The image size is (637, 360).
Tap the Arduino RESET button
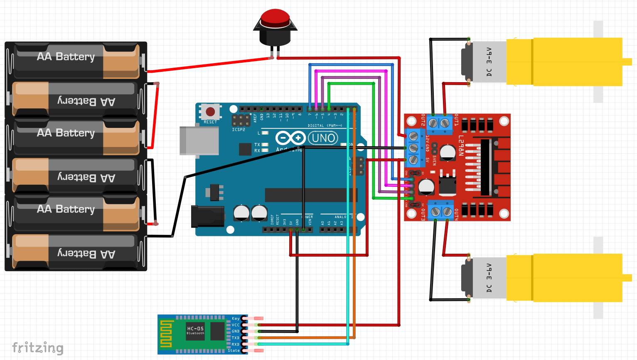210,112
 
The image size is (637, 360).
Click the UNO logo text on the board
323,138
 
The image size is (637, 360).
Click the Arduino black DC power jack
207,216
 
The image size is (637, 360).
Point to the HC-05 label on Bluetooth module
195,328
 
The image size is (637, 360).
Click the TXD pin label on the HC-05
236,338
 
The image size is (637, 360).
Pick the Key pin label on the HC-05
236,318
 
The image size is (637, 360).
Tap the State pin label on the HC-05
234,351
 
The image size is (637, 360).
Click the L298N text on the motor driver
461,146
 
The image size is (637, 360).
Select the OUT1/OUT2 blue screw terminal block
439,123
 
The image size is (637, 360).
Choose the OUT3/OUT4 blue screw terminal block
441,211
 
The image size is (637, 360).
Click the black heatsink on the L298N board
485,167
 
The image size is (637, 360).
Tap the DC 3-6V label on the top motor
489,62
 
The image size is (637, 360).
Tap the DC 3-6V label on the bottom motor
489,278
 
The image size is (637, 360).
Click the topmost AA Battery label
66,56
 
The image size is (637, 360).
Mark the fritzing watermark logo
38,348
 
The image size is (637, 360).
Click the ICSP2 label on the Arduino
239,130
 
